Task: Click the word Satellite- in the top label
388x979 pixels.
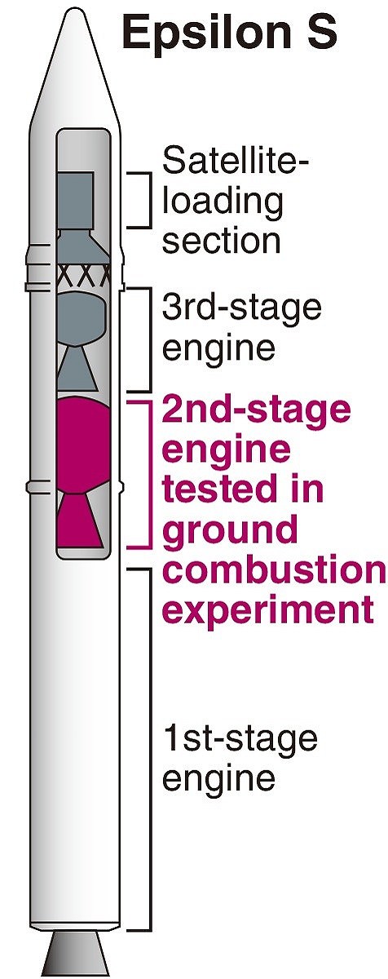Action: point(235,160)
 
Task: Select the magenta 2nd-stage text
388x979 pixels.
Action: point(256,411)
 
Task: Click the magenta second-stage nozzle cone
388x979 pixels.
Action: point(80,521)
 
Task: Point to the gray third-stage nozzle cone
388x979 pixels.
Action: point(77,368)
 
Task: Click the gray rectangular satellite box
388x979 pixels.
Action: point(75,200)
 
